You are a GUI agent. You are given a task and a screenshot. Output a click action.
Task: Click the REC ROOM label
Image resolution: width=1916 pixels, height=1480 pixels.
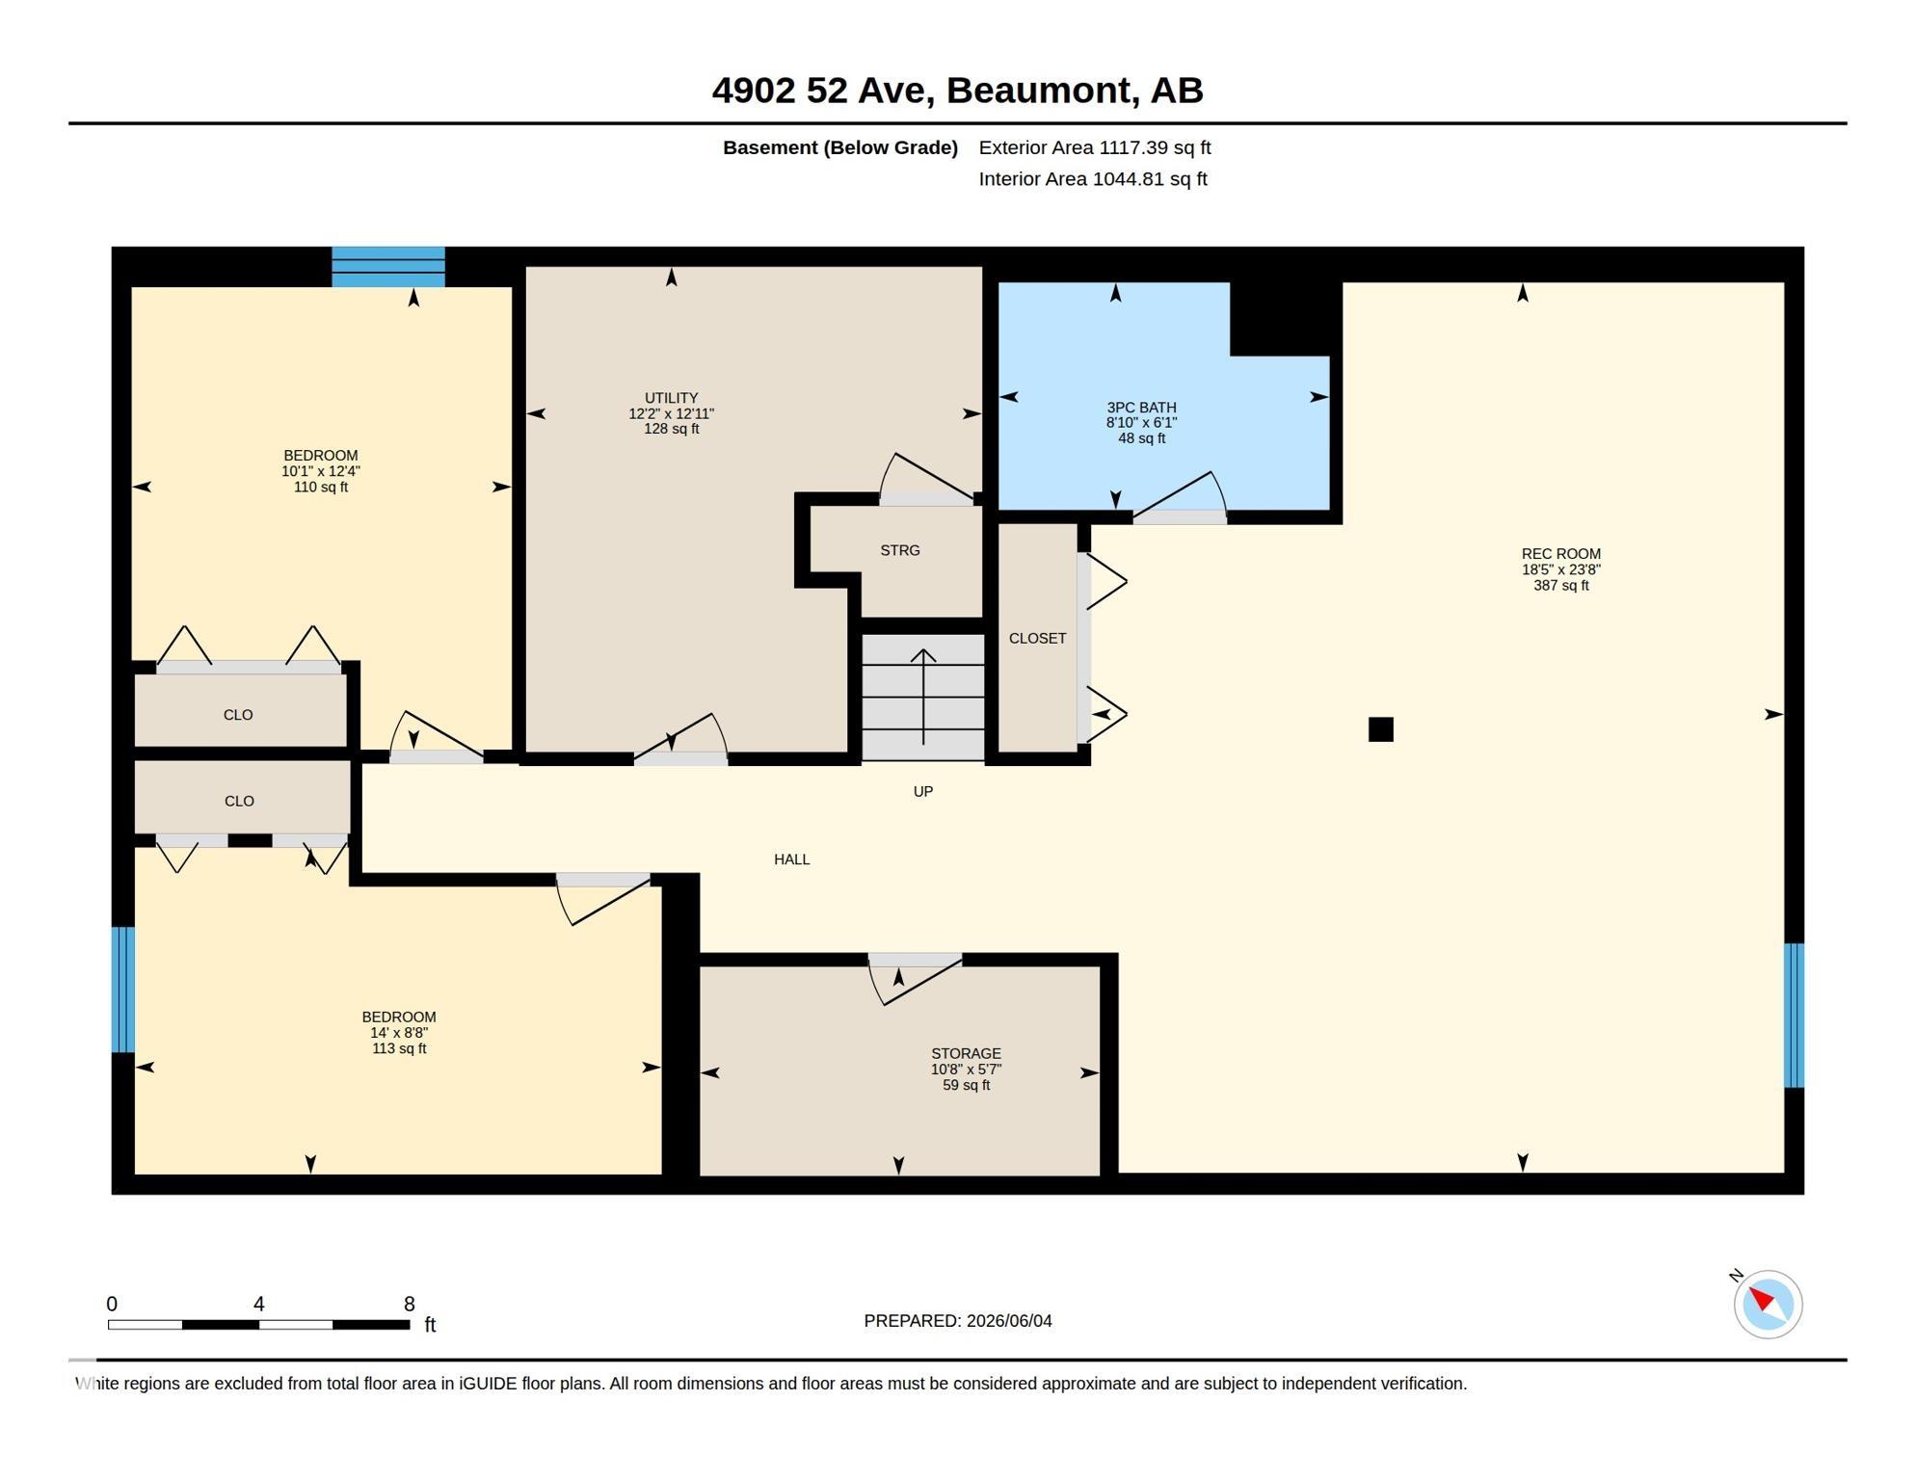pyautogui.click(x=1560, y=554)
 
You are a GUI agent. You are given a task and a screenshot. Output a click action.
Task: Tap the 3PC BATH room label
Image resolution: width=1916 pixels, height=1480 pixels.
pyautogui.click(x=1141, y=408)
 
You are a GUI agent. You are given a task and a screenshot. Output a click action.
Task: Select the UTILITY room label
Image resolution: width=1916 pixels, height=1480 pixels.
pyautogui.click(x=671, y=398)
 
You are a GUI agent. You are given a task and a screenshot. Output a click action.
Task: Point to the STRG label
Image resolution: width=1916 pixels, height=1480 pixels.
pyautogui.click(x=899, y=550)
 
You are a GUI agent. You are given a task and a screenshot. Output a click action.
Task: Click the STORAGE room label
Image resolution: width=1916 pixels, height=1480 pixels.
pyautogui.click(x=966, y=1053)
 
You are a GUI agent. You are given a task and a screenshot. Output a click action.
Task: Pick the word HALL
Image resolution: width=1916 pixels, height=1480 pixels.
pyautogui.click(x=791, y=859)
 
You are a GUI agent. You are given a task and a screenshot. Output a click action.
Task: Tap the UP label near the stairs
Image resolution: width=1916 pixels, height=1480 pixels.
pyautogui.click(x=922, y=791)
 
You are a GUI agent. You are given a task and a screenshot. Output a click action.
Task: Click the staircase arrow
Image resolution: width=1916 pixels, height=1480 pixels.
pyautogui.click(x=923, y=697)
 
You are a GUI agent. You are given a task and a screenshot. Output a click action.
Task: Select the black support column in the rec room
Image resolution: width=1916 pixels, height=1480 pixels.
pyautogui.click(x=1380, y=729)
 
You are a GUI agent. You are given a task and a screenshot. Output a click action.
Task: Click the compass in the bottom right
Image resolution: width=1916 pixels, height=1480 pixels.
pyautogui.click(x=1768, y=1305)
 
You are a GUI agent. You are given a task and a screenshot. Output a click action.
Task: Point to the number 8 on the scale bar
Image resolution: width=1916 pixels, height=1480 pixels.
pyautogui.click(x=409, y=1304)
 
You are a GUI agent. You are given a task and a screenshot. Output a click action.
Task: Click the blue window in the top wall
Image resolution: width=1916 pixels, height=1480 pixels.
pyautogui.click(x=388, y=267)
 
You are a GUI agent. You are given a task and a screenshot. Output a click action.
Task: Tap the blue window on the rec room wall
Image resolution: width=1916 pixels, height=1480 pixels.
pyautogui.click(x=1794, y=1015)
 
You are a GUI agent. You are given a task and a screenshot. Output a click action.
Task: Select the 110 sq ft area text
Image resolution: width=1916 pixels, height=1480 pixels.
pyautogui.click(x=320, y=487)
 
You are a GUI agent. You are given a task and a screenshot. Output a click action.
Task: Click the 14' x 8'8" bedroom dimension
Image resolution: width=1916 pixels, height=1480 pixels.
pyautogui.click(x=399, y=1033)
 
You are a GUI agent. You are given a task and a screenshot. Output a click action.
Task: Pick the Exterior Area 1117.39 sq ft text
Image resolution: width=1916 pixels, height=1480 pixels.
pyautogui.click(x=1095, y=147)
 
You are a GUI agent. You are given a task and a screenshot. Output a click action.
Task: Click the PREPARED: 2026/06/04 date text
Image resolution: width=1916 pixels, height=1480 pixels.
pyautogui.click(x=958, y=1321)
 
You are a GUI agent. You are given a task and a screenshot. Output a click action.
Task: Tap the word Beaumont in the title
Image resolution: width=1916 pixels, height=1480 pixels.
pyautogui.click(x=1038, y=91)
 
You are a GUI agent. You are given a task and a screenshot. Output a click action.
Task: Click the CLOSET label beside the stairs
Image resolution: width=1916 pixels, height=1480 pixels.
pyautogui.click(x=1037, y=638)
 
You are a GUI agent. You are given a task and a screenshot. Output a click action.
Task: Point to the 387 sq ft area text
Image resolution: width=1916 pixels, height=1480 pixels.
pyautogui.click(x=1560, y=585)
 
